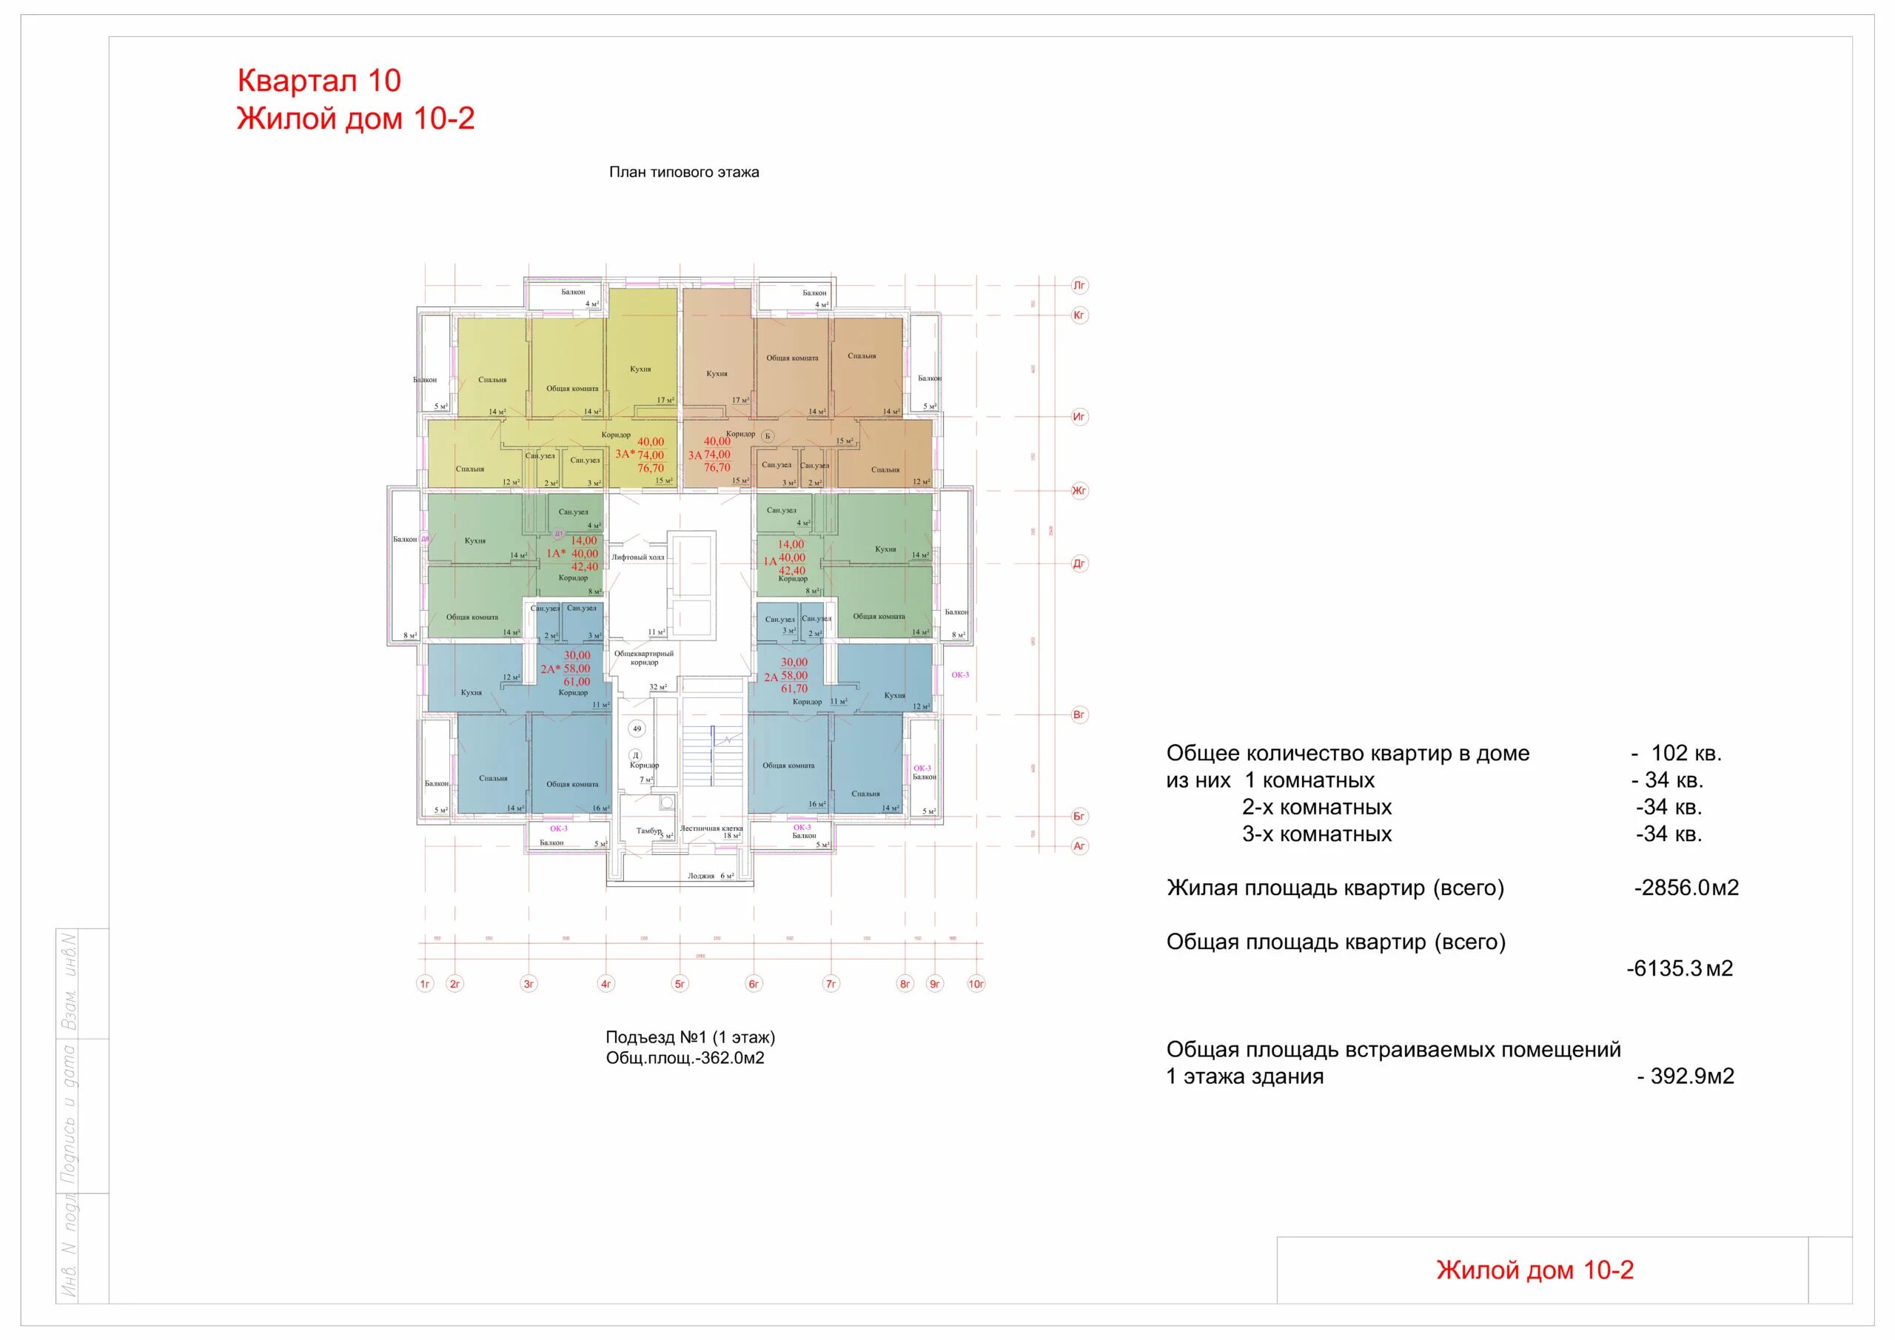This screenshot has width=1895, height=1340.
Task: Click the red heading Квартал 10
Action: pyautogui.click(x=318, y=81)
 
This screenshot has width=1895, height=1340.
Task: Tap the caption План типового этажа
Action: pyautogui.click(x=683, y=172)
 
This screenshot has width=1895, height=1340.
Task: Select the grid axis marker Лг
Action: pyautogui.click(x=1079, y=286)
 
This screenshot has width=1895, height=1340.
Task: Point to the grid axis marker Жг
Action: pyautogui.click(x=1079, y=490)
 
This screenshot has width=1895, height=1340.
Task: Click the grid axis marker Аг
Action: pyautogui.click(x=1079, y=846)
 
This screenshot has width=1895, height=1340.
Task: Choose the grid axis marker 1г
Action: pyautogui.click(x=425, y=984)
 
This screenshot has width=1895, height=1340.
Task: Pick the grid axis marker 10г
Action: pyautogui.click(x=976, y=984)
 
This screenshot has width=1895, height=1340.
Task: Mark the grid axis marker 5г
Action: pyautogui.click(x=680, y=984)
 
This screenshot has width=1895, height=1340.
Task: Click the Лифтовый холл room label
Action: pyautogui.click(x=637, y=557)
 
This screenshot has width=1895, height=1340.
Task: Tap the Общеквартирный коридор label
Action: pyautogui.click(x=644, y=658)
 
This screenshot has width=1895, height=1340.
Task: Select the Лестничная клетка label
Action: pyautogui.click(x=711, y=828)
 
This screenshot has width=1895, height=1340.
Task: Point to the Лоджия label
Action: pyautogui.click(x=701, y=876)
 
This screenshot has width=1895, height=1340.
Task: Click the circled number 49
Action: pyautogui.click(x=637, y=729)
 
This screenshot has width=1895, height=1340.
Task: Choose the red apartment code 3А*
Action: pyautogui.click(x=625, y=454)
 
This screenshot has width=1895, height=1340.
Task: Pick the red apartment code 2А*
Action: pyautogui.click(x=551, y=669)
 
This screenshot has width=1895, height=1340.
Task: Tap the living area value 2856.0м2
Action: pyautogui.click(x=1686, y=888)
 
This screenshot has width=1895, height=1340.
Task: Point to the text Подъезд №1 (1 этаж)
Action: pyautogui.click(x=690, y=1038)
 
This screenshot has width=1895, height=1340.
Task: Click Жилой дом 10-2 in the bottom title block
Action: pyautogui.click(x=1535, y=1270)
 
